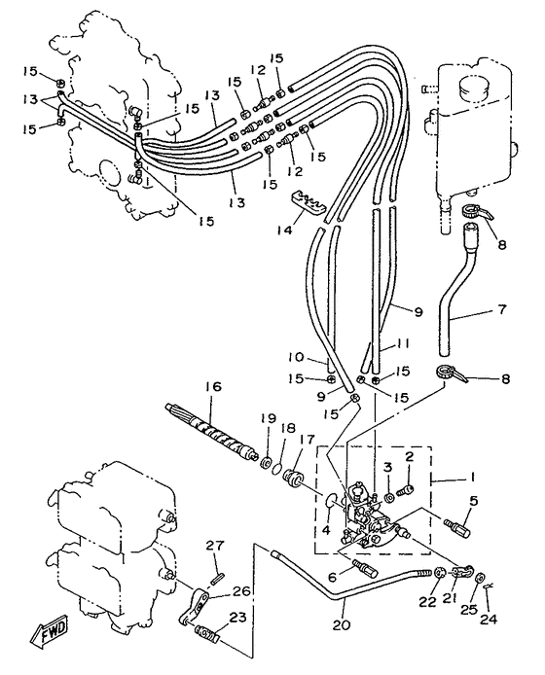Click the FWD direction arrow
50,629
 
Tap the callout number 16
213,387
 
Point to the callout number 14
284,230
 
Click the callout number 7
502,309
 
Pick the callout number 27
214,546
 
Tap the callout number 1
473,477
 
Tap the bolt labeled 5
456,526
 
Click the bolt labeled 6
365,567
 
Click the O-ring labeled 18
278,469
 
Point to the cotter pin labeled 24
489,586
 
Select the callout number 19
269,419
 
